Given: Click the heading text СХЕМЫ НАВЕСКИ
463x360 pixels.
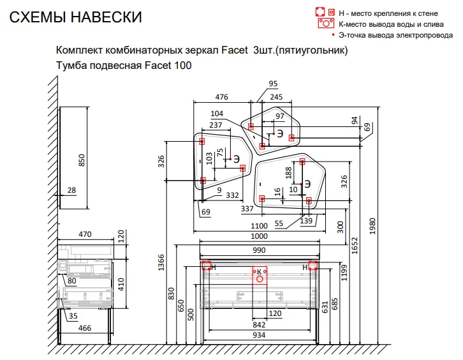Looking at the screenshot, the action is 76,17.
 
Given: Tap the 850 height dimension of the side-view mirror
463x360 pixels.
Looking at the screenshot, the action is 82,160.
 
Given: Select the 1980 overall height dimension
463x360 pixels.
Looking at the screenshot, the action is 372,226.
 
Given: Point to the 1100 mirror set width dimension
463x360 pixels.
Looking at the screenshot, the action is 259,226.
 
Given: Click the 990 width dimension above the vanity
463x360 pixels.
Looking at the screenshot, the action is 259,250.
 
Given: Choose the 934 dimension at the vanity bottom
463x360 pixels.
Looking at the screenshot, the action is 259,335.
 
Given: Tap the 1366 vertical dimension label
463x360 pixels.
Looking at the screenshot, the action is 161,262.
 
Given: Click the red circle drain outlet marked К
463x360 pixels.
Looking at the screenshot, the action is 260,279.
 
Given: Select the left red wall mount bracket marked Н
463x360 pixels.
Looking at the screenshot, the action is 207,266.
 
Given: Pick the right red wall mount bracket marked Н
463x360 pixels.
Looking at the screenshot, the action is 312,266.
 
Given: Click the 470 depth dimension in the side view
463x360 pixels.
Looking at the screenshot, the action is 85,234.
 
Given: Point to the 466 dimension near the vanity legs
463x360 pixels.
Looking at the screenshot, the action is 85,328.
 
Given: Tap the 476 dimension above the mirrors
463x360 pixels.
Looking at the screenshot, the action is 221,97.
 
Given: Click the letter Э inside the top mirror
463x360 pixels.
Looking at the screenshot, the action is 280,133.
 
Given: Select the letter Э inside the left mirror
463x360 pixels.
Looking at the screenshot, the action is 237,159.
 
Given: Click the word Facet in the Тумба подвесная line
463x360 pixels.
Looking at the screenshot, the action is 158,65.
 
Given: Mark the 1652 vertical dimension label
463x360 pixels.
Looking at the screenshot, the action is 355,245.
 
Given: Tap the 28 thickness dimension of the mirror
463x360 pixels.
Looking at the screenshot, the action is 72,190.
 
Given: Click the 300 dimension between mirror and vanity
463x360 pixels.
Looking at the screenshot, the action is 341,227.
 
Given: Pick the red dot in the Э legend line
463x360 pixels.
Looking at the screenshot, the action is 334,35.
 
